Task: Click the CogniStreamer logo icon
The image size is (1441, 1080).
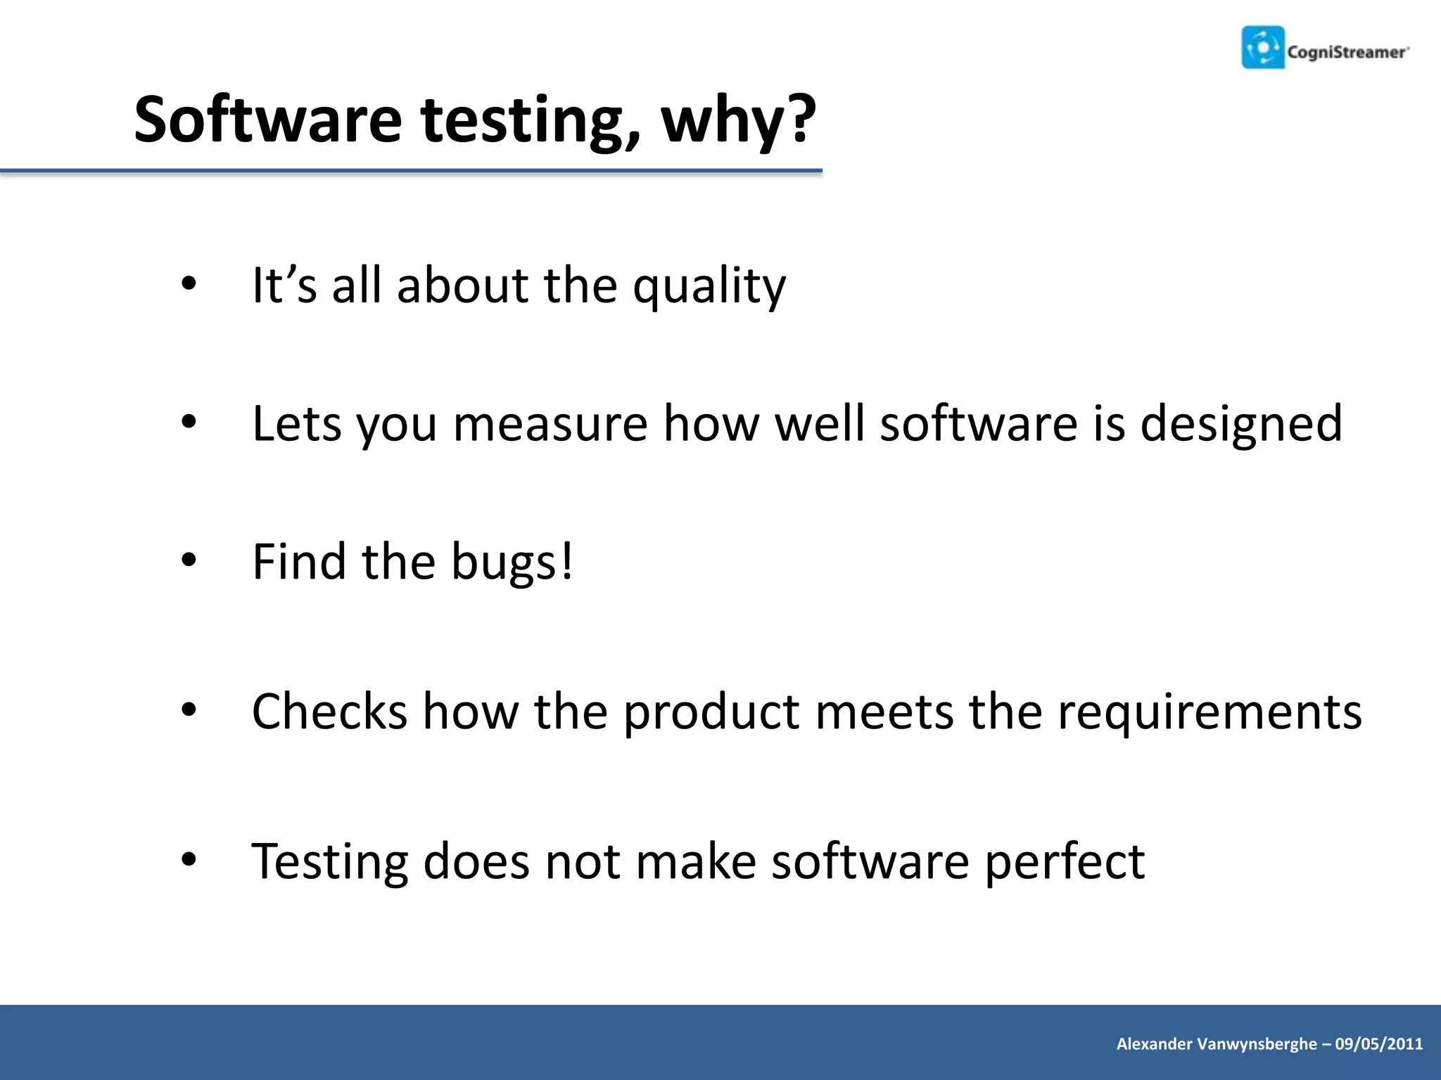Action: tap(1263, 48)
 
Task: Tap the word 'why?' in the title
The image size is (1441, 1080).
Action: tap(738, 120)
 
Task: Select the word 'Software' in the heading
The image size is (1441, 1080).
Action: tap(267, 120)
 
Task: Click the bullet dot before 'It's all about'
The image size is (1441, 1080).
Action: tap(189, 284)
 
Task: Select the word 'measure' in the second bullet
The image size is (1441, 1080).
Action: tap(550, 425)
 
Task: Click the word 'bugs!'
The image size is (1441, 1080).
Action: tap(512, 562)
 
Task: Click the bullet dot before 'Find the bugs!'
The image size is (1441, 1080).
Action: tap(189, 560)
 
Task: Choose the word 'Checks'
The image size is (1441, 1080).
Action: tap(329, 712)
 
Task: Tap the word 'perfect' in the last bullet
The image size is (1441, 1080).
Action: tap(1064, 862)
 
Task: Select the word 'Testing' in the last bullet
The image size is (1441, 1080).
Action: tap(329, 862)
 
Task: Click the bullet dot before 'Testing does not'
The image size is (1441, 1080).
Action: tap(189, 859)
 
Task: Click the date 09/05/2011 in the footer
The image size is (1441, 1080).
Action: tap(1378, 1044)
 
